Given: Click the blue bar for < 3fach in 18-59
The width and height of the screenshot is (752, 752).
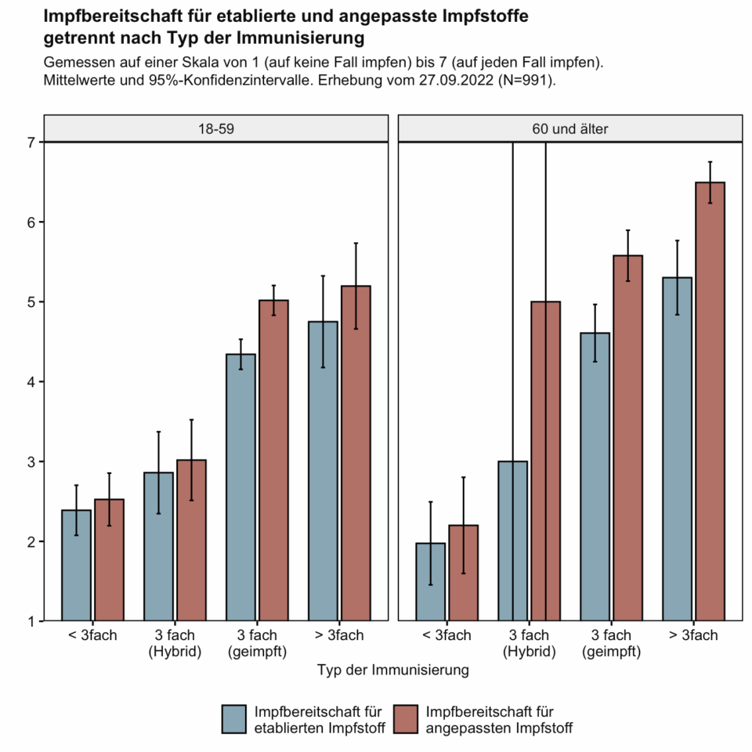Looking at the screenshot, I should point(77,566).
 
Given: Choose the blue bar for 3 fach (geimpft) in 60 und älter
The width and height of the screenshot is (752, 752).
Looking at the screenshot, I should point(595,477).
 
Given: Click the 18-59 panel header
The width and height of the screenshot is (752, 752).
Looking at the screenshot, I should point(215,128).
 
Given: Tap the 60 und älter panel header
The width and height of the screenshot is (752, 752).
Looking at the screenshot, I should point(570,128).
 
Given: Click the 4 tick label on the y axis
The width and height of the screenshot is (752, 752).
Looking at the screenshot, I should point(31,382).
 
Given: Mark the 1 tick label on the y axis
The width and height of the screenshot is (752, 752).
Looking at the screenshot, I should point(31,622).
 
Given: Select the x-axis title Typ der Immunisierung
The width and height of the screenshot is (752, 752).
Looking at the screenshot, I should point(392,671).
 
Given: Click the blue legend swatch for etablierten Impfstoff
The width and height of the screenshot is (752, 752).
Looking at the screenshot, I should point(235,719).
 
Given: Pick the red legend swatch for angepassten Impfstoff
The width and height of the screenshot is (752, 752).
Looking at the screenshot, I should point(407,719).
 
